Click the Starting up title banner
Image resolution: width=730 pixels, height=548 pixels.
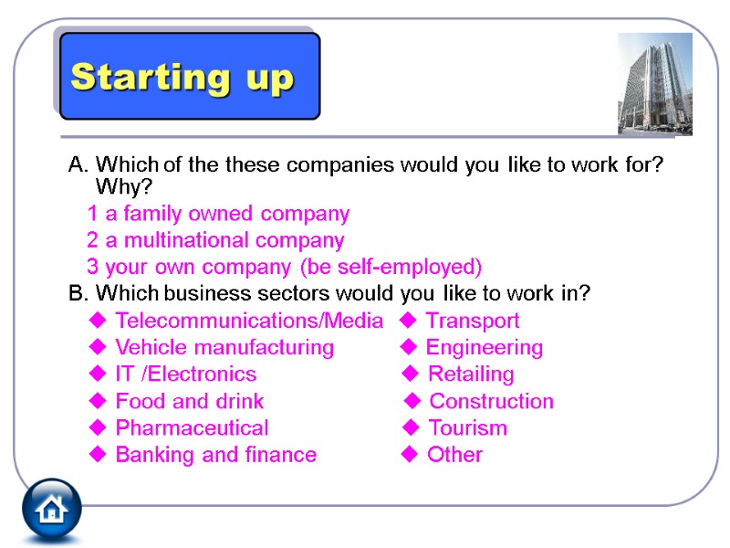point(186,77)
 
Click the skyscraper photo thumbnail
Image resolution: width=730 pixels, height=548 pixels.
point(654,84)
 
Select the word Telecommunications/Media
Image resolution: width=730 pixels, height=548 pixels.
point(249,321)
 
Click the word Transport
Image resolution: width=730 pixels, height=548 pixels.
point(473,321)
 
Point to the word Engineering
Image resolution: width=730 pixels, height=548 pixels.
point(485,347)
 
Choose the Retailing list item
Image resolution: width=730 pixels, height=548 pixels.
point(471,374)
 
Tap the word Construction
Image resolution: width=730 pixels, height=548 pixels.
point(491,401)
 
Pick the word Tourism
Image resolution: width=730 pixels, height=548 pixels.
point(467,427)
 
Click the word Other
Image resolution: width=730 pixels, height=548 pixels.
point(454,455)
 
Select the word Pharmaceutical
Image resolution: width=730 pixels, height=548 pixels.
point(192,427)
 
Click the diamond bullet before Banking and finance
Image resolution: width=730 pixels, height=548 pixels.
point(97,455)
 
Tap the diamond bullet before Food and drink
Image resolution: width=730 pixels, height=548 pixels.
point(97,401)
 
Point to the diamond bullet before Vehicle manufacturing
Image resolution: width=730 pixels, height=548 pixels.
point(97,347)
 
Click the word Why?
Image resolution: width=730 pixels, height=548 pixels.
point(123,186)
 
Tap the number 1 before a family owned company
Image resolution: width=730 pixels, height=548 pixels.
point(92,214)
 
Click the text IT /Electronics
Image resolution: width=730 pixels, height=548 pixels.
point(185,374)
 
